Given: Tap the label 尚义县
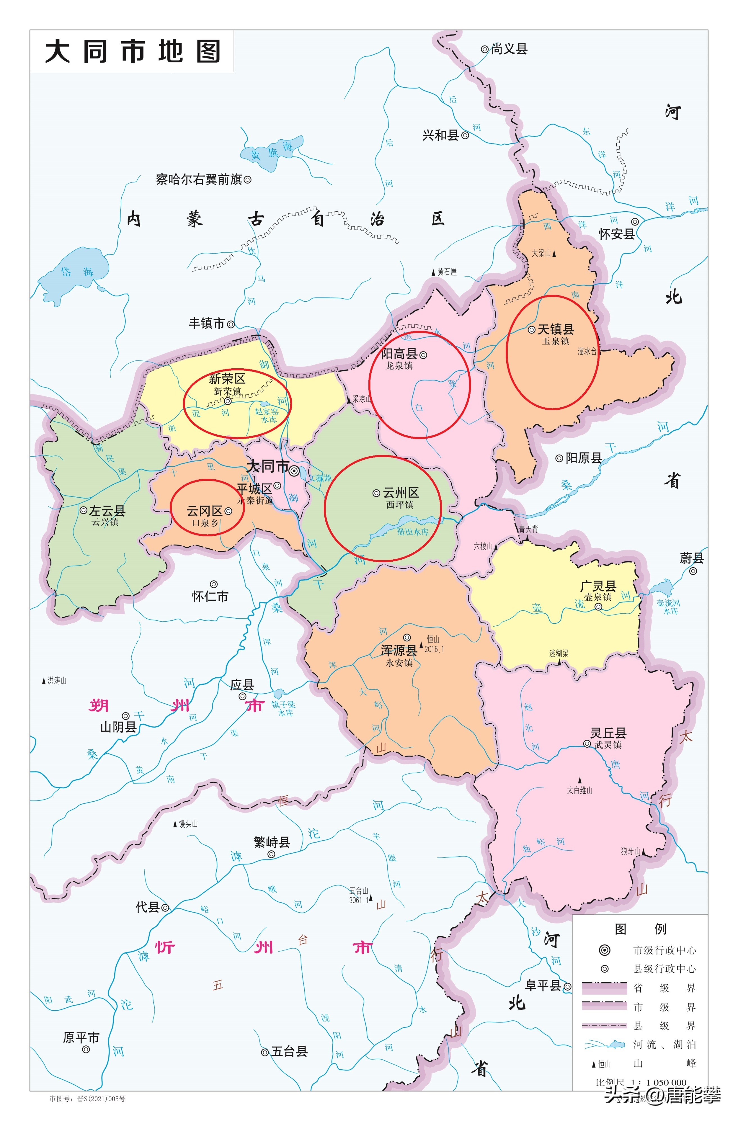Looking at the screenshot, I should point(509,49).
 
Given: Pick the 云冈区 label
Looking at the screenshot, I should point(204,511).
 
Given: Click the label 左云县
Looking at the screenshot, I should point(107,510).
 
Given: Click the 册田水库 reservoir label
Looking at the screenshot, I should point(413,532).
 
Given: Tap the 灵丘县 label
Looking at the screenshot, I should point(608,733).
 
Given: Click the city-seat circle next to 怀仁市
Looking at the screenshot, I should point(213,584).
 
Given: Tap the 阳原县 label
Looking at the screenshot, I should point(583,458).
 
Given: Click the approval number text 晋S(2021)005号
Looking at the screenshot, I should point(101,1099).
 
